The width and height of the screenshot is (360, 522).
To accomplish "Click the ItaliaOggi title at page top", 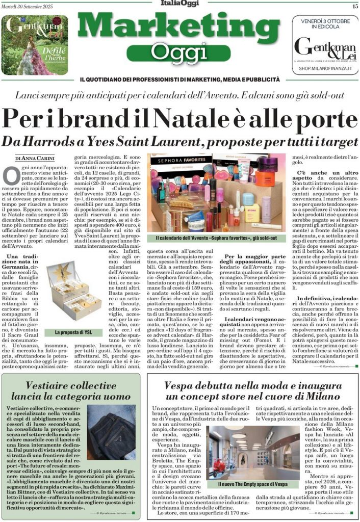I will click(179, 5).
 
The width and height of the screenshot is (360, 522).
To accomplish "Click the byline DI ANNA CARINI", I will click(35, 159).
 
